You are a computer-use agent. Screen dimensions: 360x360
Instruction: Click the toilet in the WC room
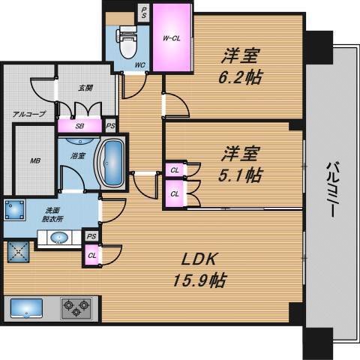click(x=128, y=43)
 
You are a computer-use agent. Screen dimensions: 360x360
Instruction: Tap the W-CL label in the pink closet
click(x=172, y=38)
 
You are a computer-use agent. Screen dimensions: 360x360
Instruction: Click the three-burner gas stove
click(x=76, y=308)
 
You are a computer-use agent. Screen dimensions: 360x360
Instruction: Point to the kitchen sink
click(x=26, y=308)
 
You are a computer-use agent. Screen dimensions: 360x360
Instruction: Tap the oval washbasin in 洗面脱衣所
click(x=59, y=237)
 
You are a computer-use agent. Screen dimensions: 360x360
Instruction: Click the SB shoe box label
click(x=79, y=126)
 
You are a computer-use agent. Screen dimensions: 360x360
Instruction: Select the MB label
click(x=35, y=160)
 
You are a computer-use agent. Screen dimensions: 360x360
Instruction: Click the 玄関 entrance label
click(x=85, y=88)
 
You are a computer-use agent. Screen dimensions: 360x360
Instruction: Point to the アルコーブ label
click(x=29, y=114)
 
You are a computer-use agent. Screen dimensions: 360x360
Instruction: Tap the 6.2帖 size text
click(x=240, y=77)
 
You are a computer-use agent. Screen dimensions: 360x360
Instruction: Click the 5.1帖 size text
click(x=240, y=175)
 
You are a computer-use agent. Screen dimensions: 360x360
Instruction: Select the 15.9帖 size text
click(x=199, y=280)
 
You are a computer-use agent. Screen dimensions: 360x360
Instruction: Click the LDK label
click(x=198, y=259)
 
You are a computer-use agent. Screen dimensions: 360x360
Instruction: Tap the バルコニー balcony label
click(x=332, y=189)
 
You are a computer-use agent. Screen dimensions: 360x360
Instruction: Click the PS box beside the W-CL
click(x=144, y=12)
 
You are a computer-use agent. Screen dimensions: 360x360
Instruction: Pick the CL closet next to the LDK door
click(x=92, y=256)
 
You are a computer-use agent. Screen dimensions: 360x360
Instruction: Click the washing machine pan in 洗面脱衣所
click(x=15, y=210)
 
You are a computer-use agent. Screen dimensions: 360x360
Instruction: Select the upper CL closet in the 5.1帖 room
click(x=175, y=170)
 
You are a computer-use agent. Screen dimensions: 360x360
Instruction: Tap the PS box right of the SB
click(x=110, y=126)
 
